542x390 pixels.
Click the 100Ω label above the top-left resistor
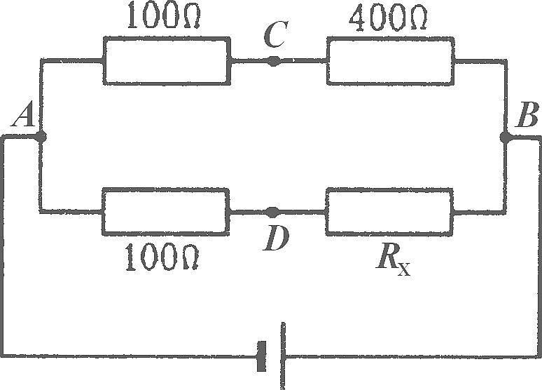(x=164, y=16)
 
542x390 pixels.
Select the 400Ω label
(x=388, y=17)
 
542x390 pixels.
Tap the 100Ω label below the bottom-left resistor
(x=162, y=257)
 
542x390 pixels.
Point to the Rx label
(x=393, y=261)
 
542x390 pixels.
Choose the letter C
(x=275, y=34)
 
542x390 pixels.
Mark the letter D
(x=275, y=238)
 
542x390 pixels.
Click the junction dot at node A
(x=41, y=137)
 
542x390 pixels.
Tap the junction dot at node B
(x=506, y=137)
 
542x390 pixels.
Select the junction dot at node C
(x=273, y=61)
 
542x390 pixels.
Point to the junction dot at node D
(x=272, y=211)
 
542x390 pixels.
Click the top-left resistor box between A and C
(x=167, y=60)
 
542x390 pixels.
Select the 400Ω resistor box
(x=390, y=60)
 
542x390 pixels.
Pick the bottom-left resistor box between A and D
(x=165, y=212)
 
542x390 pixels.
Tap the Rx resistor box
(x=389, y=212)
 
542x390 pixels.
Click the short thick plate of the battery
(x=262, y=356)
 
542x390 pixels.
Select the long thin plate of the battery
(x=283, y=356)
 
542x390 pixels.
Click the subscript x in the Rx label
(x=404, y=269)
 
